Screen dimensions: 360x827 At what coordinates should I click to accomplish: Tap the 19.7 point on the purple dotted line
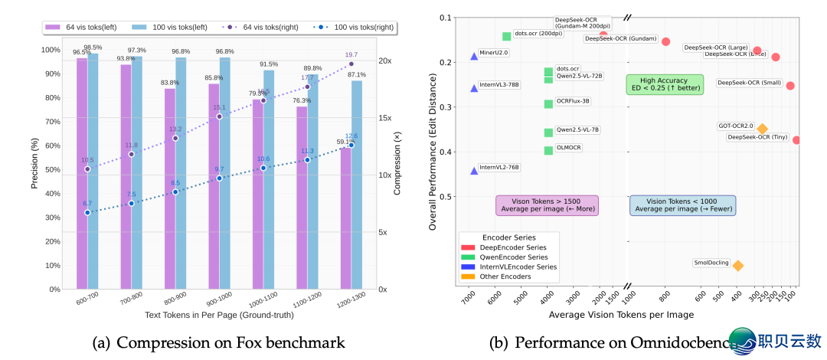pos(351,64)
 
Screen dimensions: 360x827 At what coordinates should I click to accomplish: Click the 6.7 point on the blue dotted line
pos(87,212)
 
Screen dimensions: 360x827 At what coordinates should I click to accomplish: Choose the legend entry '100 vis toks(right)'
pos(352,26)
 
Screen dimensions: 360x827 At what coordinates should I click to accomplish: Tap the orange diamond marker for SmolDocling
pos(737,265)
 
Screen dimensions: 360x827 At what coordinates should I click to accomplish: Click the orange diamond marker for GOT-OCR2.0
pos(762,129)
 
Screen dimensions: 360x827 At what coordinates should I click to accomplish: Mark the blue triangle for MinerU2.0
pos(474,56)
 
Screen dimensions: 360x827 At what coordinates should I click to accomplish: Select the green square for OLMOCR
pos(548,150)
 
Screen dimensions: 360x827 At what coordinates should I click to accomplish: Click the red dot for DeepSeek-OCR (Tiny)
pos(796,139)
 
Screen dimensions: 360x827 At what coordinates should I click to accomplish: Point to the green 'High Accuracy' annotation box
pos(665,84)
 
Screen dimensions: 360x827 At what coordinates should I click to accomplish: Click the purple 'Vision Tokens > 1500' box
pos(547,205)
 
